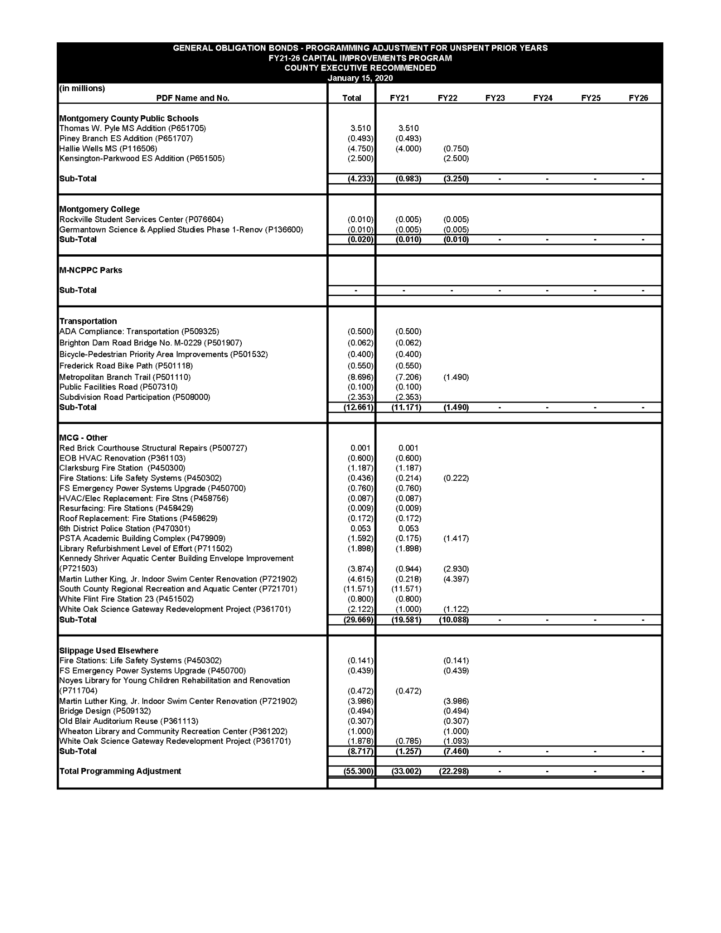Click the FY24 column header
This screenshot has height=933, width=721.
pos(542,98)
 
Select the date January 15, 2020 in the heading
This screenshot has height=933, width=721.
pos(360,78)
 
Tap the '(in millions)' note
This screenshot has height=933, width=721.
pos(82,88)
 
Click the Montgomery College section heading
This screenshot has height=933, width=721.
pos(99,209)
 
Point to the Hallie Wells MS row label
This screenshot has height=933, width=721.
pos(108,149)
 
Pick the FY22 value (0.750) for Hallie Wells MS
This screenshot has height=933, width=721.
pos(456,149)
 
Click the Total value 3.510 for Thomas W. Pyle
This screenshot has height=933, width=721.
pos(361,128)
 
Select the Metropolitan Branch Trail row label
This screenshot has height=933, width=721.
pos(125,377)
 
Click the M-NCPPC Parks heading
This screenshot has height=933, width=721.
pos(91,270)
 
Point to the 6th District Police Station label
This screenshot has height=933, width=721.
pos(125,529)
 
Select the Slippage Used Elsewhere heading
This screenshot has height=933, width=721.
pos(109,650)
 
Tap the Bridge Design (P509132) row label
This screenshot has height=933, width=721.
pos(105,711)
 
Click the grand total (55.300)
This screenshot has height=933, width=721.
pos(358,771)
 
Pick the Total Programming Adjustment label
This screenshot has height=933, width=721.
pos(120,771)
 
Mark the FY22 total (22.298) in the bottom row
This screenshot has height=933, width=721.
pos(454,771)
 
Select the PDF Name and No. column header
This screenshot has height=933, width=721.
pos(192,98)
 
